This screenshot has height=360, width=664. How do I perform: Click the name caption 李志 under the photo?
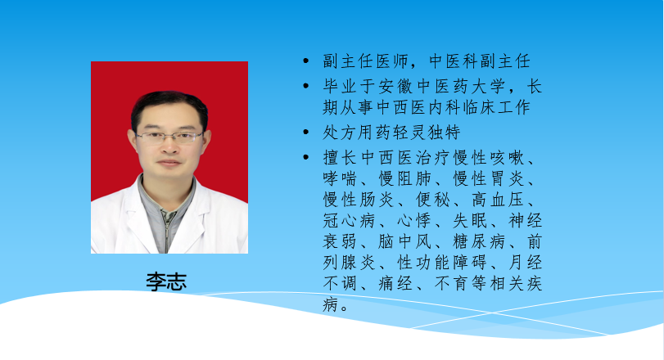point(166,281)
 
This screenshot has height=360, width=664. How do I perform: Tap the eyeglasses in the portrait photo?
point(169,137)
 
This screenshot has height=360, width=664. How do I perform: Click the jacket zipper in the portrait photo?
point(168,231)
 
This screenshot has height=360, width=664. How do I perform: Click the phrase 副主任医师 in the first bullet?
point(365,61)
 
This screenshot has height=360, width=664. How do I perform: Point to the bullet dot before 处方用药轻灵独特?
point(306,133)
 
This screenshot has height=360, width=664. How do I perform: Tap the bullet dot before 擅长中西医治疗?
point(306,157)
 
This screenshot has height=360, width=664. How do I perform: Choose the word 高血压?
point(498,200)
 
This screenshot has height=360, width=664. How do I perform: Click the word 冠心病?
point(349,220)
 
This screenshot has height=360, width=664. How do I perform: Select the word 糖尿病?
point(479,241)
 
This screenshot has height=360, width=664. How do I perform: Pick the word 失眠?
point(470,220)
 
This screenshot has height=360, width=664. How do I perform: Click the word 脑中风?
point(404,241)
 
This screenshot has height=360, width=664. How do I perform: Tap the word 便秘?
point(433,200)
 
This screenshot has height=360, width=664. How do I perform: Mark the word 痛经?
point(395,283)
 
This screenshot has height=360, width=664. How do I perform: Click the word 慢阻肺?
point(404,178)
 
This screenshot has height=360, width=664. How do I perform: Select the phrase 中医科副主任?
point(480,61)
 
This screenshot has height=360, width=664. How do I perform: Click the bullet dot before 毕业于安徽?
point(306,86)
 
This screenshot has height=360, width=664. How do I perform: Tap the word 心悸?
point(414,220)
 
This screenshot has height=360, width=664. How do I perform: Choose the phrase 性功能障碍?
point(442,263)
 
